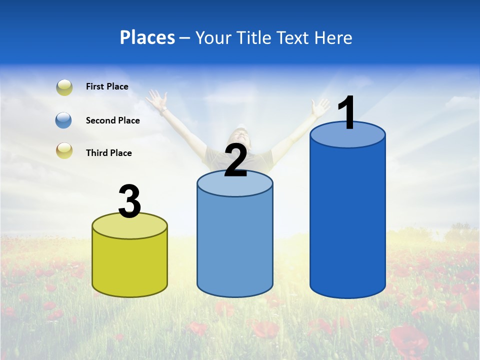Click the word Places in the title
click(147, 37)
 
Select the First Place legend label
click(107, 86)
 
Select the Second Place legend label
click(112, 120)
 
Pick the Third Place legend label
click(108, 153)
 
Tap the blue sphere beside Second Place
click(64, 120)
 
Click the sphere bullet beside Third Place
click(64, 150)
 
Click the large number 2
click(235, 160)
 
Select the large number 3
click(130, 201)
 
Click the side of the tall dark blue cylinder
click(348, 220)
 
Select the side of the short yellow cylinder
click(130, 265)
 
